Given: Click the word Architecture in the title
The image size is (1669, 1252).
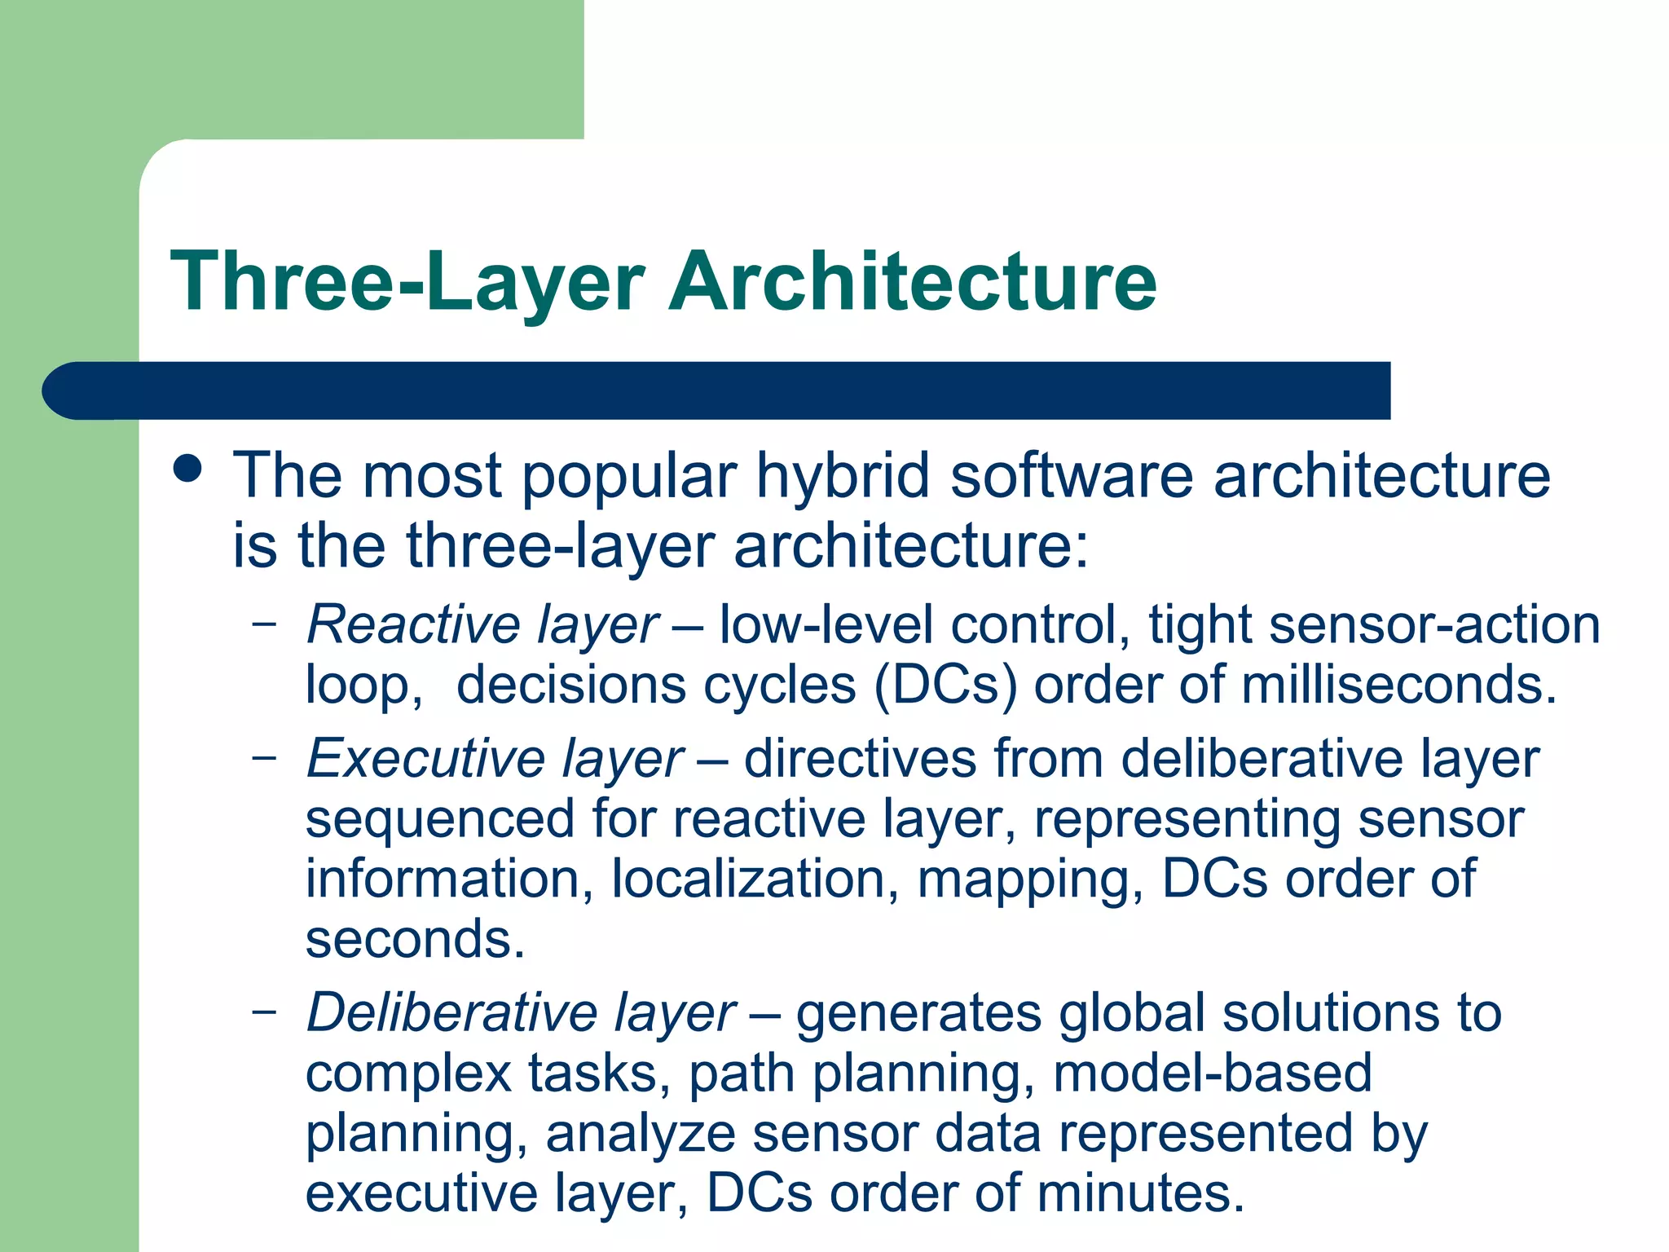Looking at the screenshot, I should (912, 281).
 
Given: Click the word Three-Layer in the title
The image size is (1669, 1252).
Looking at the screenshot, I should (407, 281).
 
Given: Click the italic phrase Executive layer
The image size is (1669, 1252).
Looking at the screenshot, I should (495, 760).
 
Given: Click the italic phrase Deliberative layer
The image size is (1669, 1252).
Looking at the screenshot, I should (521, 1013).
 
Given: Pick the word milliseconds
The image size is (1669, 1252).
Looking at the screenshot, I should (1398, 685).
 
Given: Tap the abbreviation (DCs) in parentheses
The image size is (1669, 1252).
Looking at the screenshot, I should (945, 685).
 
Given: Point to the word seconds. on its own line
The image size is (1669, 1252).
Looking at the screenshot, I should (415, 940).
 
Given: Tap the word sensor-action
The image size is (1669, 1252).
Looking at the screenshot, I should (1434, 626).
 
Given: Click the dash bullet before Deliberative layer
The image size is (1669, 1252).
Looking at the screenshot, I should (263, 1012).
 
